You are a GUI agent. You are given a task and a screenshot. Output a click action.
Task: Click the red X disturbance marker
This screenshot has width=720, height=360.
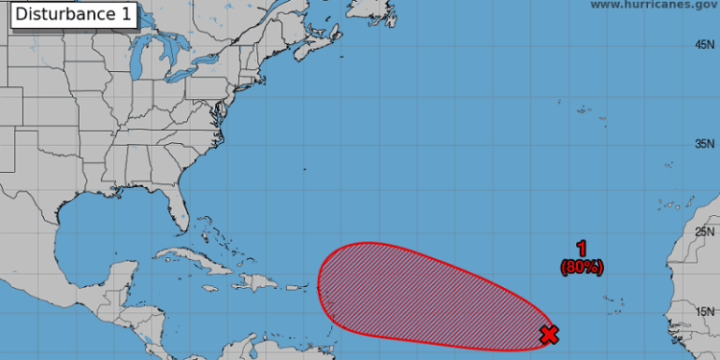[549, 334]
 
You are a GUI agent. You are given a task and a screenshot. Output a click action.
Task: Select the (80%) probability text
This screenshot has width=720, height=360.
[581, 268]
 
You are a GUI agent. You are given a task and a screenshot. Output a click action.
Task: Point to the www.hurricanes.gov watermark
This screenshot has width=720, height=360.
[652, 5]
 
